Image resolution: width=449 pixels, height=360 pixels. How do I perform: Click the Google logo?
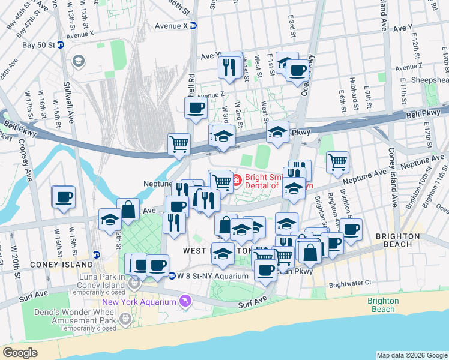pos(20,353)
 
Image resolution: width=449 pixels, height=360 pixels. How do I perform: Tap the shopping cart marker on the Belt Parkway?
pos(179,144)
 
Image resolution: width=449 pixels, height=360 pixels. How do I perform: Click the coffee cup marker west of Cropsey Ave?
pos(64,197)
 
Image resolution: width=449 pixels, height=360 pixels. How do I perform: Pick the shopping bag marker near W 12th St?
pos(128,209)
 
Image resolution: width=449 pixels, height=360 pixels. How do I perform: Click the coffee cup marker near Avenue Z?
pos(196,108)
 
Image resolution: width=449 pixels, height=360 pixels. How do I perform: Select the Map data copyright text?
pos(411,355)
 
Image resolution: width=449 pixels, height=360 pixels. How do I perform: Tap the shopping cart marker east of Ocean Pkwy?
pos(338,161)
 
